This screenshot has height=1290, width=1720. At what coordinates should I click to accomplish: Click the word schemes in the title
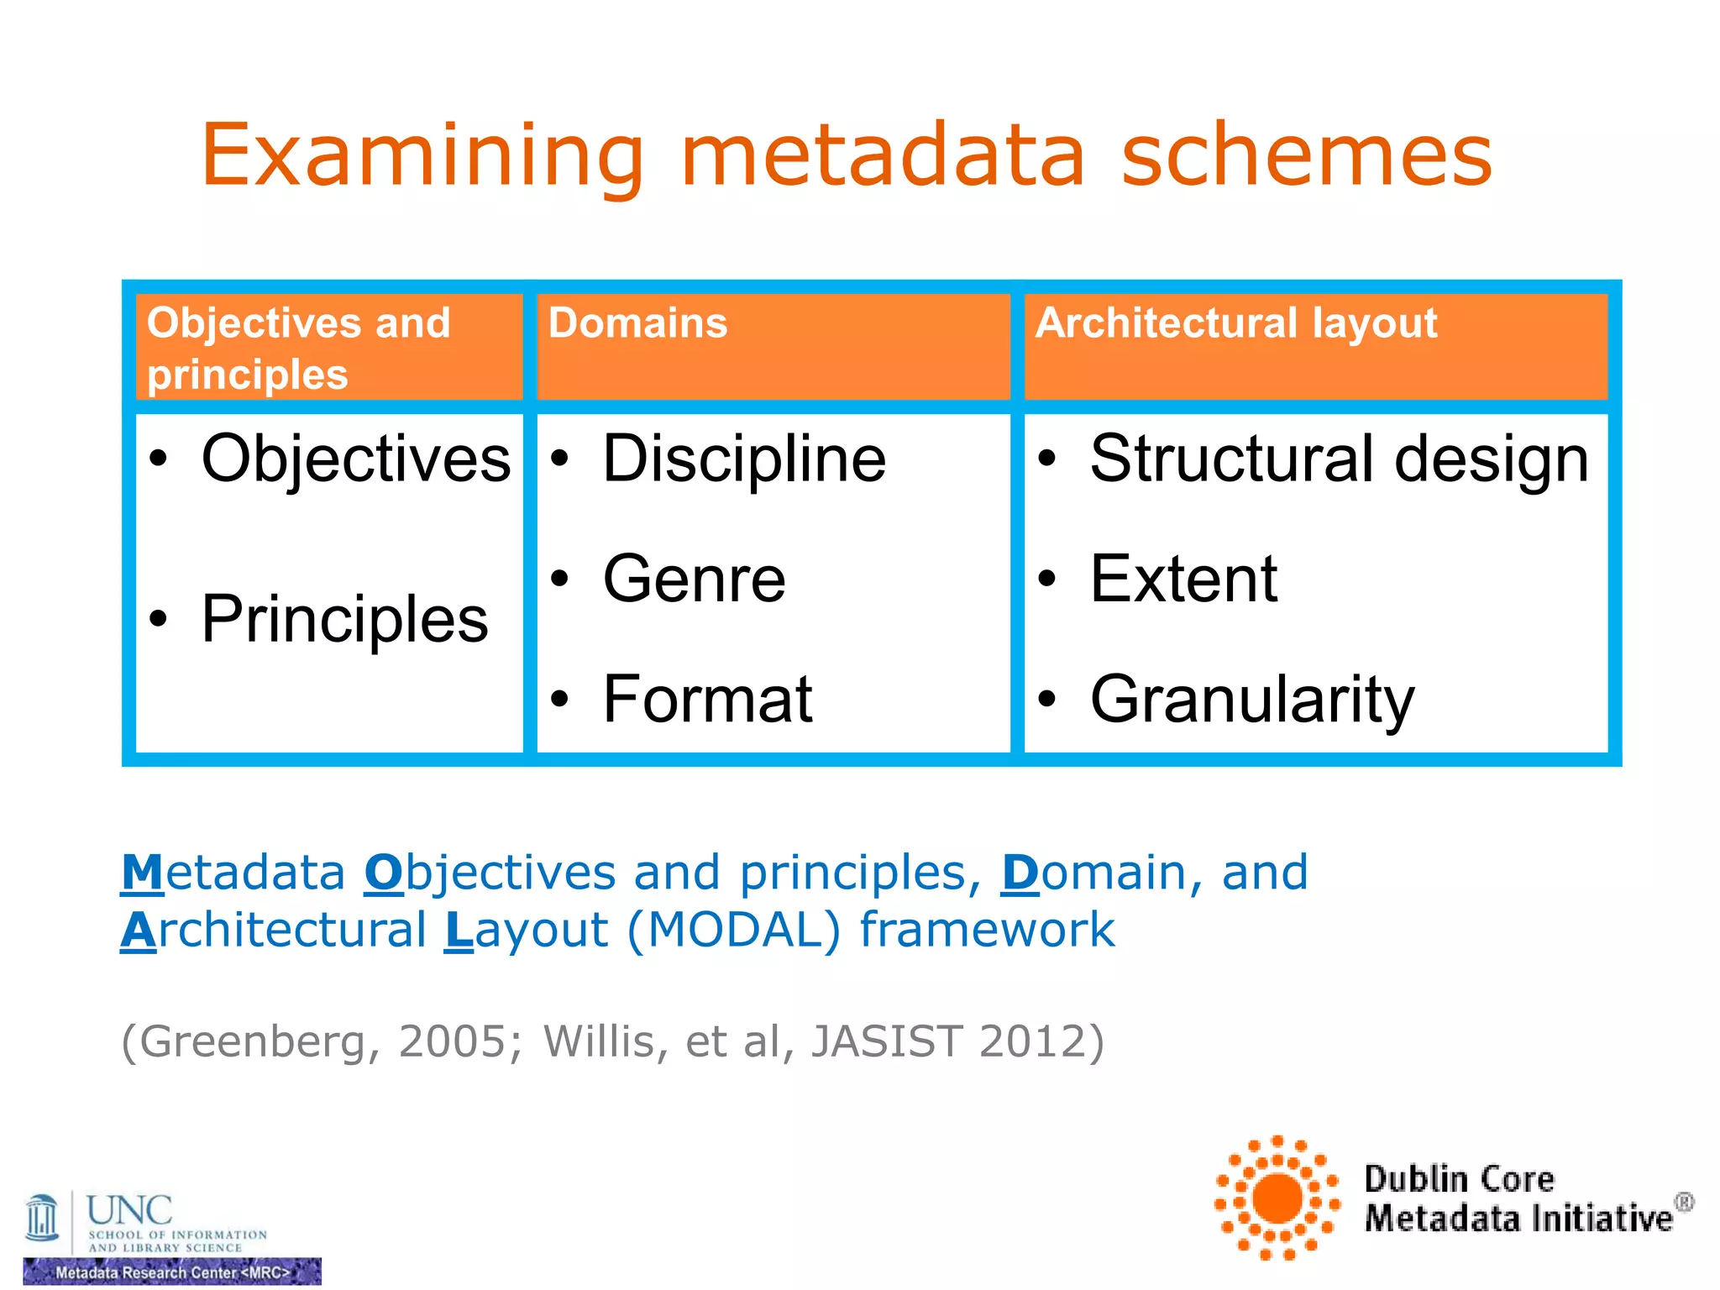click(x=1307, y=156)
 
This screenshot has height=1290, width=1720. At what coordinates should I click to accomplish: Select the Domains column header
click(x=637, y=323)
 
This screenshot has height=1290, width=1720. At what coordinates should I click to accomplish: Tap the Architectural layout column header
click(x=1235, y=323)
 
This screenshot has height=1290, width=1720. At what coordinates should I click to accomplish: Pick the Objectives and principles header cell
click(x=298, y=348)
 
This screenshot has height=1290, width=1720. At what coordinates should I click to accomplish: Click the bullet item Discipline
click(x=743, y=459)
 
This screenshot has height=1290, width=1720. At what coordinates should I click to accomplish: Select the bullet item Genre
click(x=694, y=579)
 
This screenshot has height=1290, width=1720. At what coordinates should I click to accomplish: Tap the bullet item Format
click(x=707, y=700)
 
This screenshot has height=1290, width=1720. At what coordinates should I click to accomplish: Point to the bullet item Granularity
click(x=1251, y=700)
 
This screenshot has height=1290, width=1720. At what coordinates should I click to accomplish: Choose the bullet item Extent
click(x=1183, y=579)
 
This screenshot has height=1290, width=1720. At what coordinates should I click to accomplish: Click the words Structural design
click(x=1339, y=459)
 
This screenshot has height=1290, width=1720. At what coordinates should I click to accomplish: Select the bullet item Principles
click(x=344, y=620)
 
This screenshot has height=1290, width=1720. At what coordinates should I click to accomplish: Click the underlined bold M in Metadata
click(x=142, y=873)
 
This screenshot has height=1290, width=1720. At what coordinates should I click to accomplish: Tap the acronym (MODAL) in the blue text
click(x=733, y=931)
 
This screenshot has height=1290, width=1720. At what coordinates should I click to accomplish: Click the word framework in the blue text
click(x=987, y=931)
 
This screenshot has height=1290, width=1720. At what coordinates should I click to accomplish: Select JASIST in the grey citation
click(x=886, y=1042)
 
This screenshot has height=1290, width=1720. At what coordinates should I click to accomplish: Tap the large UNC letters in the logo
click(x=129, y=1210)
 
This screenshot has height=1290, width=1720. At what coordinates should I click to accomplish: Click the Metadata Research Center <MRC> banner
click(x=172, y=1272)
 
